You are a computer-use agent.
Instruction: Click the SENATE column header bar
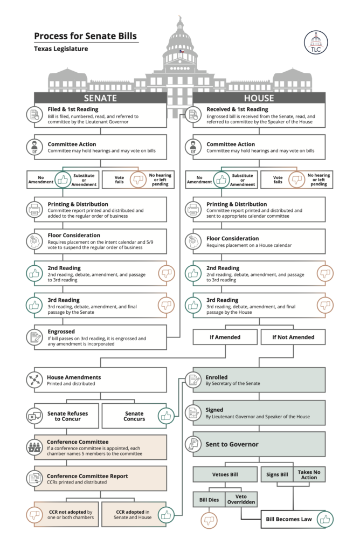[100, 98]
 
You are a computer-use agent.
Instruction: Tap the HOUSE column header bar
[259, 98]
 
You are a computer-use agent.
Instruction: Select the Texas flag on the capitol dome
[181, 52]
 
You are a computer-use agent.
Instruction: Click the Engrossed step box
[100, 337]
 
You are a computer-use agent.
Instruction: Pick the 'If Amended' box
[225, 337]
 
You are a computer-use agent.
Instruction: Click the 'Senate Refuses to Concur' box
[67, 416]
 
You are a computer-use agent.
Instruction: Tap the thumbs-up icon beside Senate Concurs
[166, 416]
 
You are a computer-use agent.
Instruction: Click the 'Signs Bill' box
[277, 475]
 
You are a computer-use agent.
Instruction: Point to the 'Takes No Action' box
[309, 474]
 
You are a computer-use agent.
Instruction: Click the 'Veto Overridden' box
[241, 500]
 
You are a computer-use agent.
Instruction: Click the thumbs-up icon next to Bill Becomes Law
[324, 520]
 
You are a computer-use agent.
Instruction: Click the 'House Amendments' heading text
[74, 377]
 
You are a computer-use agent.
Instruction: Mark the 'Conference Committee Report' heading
[87, 476]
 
